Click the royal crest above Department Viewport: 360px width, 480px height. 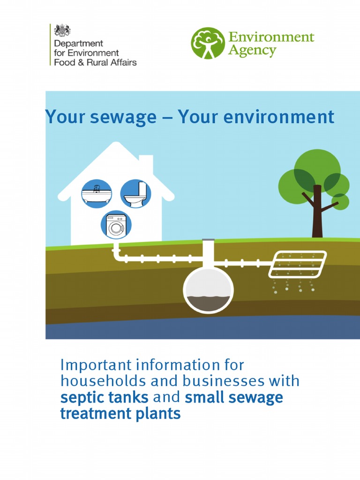point(62,31)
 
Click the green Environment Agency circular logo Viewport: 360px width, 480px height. point(208,43)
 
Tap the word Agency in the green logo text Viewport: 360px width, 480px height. point(252,50)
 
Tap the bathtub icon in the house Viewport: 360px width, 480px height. point(97,193)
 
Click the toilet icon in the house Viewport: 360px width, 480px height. point(135,193)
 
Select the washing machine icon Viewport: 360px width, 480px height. point(116,225)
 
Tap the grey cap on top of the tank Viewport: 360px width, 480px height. point(208,240)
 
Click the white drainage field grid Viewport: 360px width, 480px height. point(299,263)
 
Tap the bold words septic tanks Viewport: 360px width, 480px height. point(104,397)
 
